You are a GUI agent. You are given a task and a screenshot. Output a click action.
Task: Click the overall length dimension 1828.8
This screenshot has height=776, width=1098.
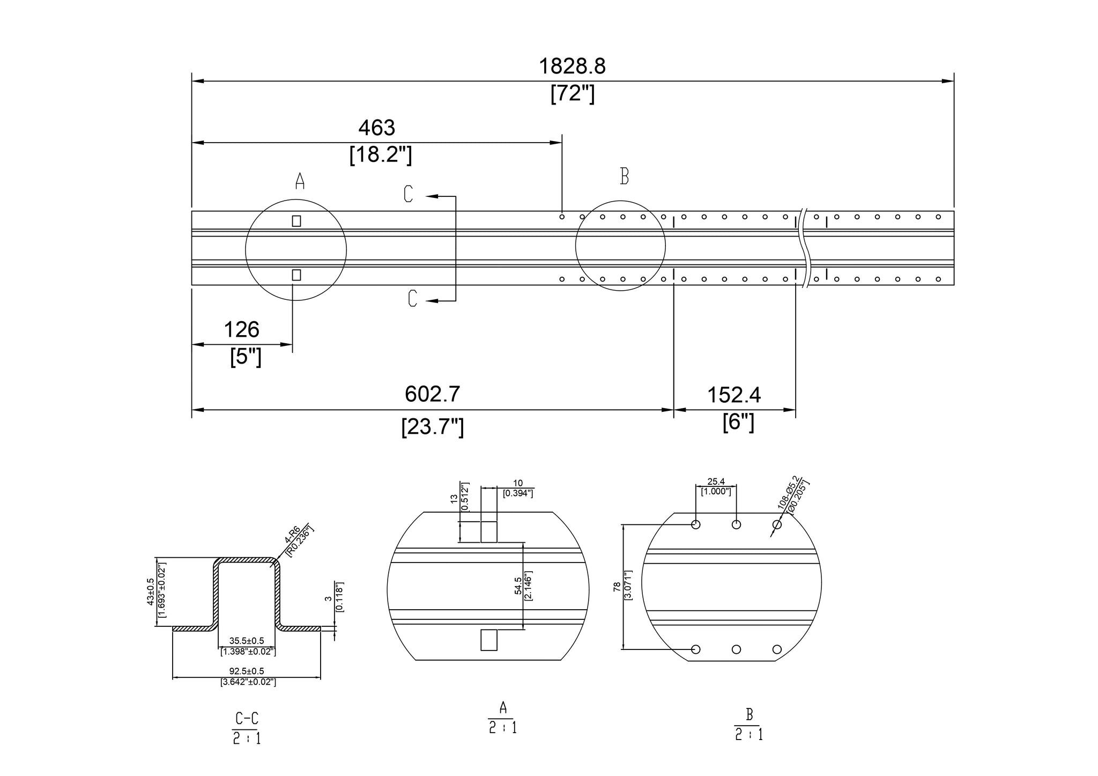(x=572, y=66)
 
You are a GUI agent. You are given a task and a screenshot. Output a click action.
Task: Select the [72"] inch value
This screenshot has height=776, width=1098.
(x=572, y=94)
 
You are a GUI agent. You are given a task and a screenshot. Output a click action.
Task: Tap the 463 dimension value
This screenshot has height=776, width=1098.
(x=376, y=128)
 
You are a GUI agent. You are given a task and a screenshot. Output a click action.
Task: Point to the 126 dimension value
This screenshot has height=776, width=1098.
(x=241, y=330)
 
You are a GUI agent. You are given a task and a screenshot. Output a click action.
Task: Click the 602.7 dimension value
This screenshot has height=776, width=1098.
(x=432, y=394)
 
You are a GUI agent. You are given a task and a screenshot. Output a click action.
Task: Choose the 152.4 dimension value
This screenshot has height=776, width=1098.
(x=733, y=395)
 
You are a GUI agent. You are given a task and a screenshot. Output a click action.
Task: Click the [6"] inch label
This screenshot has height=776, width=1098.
(x=738, y=422)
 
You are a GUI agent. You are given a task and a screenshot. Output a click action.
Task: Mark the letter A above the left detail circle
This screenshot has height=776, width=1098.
(x=300, y=181)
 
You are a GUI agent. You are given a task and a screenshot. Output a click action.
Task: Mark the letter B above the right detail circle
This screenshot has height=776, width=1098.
(x=624, y=176)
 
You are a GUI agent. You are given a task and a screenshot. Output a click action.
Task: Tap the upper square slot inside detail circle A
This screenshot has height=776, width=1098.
(x=296, y=221)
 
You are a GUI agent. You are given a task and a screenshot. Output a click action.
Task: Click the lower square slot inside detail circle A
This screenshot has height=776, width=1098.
(x=296, y=275)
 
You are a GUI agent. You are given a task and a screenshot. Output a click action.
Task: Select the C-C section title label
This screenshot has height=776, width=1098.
(x=247, y=718)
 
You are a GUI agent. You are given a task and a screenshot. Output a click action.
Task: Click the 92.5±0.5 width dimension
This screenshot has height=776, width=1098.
(x=247, y=671)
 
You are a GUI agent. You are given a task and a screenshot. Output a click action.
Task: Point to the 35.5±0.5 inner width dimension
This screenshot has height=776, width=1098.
(x=247, y=640)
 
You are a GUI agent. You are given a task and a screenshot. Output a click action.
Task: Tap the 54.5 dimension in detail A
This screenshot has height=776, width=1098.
(x=518, y=586)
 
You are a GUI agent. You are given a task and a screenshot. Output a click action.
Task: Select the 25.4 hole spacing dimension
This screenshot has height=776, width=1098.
(x=716, y=482)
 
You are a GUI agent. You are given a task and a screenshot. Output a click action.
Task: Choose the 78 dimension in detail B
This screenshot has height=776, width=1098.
(x=617, y=587)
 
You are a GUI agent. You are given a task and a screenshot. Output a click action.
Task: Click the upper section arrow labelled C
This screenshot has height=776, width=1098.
(x=409, y=194)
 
